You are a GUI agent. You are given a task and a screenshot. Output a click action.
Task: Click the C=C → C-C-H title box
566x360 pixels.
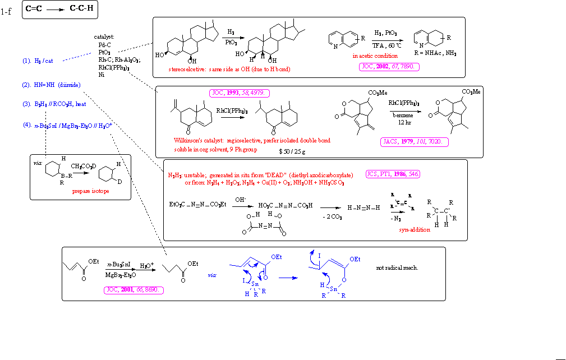pos(57,10)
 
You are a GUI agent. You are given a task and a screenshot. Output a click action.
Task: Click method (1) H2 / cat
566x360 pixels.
pos(42,61)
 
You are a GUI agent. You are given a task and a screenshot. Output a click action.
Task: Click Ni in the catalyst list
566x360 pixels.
pos(102,75)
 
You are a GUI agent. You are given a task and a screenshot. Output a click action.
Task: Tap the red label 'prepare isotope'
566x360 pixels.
pos(90,191)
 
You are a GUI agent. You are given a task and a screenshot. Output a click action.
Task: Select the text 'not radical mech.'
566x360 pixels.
pos(397,267)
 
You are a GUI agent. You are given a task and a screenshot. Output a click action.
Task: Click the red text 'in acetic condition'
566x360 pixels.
pos(375,56)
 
